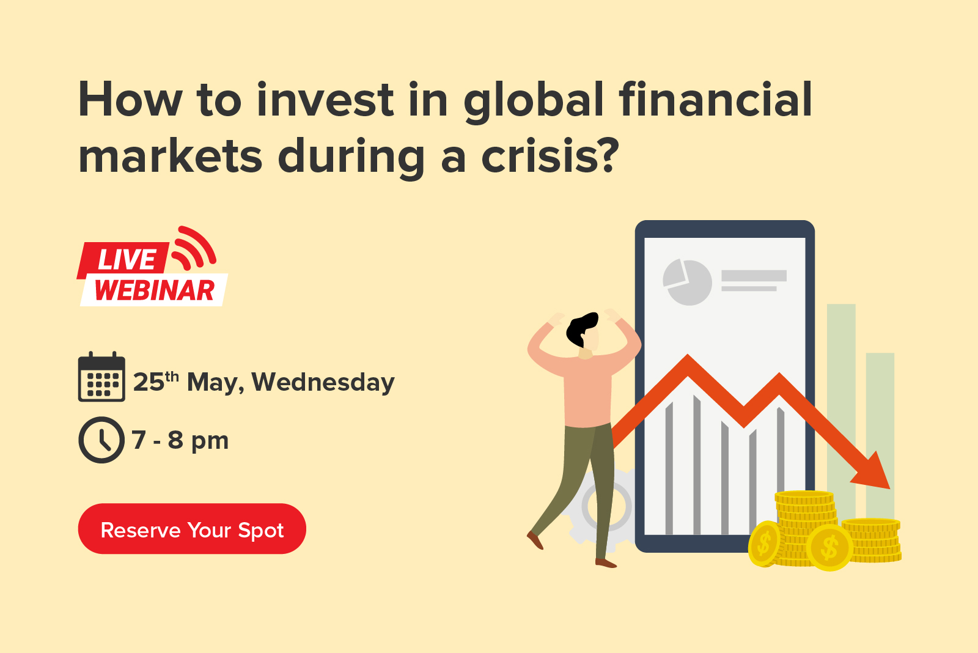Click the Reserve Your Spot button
[x=192, y=528]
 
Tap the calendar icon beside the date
[x=101, y=377]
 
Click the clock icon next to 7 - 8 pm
[x=101, y=440]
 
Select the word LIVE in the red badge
[x=127, y=259]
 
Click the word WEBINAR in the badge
[x=155, y=290]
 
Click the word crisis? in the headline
[x=550, y=156]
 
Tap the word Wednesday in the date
[x=323, y=382]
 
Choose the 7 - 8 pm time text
[x=180, y=440]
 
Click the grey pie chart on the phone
[x=687, y=282]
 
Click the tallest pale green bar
[x=841, y=411]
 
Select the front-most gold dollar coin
[x=829, y=548]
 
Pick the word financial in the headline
[x=715, y=100]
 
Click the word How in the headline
[x=130, y=100]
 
